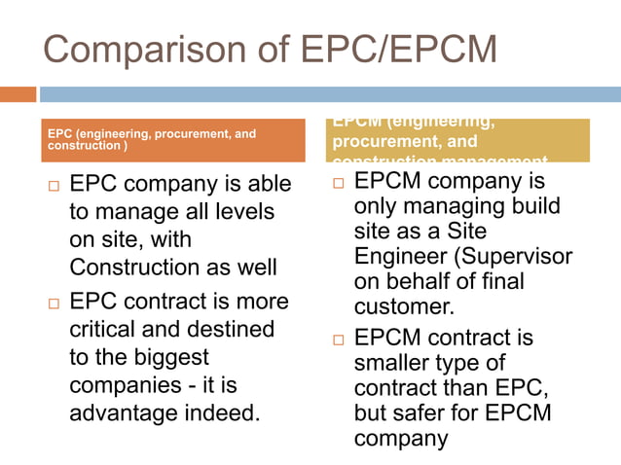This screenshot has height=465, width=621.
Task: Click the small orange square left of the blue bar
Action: pos(18,94)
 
